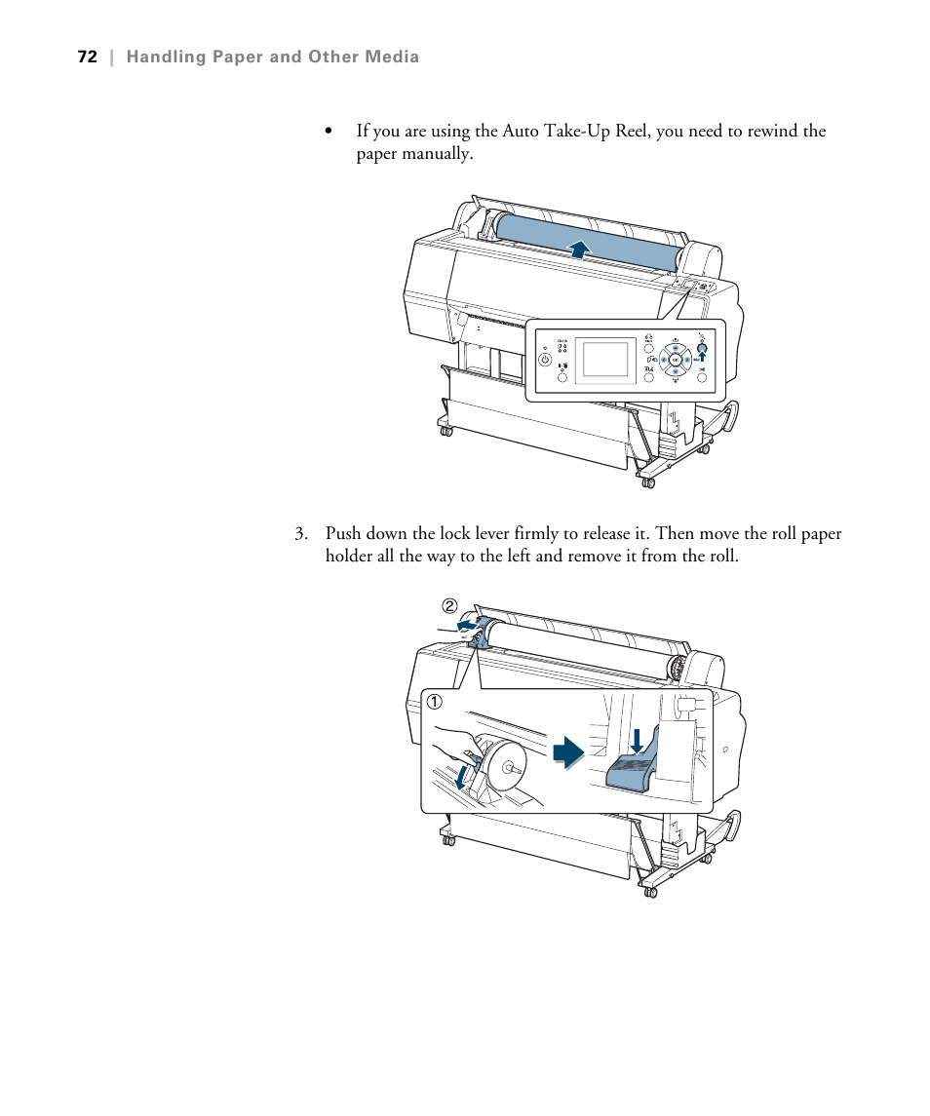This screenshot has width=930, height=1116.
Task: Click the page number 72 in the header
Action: [87, 58]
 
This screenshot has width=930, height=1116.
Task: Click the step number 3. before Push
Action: [302, 534]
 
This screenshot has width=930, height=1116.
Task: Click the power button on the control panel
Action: [545, 359]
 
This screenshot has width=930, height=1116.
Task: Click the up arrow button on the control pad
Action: [676, 347]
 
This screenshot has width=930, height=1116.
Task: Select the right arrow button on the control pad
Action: [689, 359]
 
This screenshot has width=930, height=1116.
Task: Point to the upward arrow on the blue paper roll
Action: [580, 249]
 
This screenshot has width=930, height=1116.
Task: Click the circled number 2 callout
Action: [449, 606]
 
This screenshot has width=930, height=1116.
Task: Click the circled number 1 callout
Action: [434, 702]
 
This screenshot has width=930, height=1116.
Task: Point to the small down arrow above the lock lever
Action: [637, 740]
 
